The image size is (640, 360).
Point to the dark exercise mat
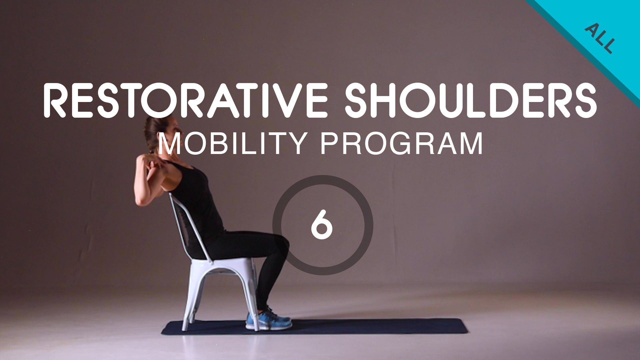click(x=367, y=327)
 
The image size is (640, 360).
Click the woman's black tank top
click(x=197, y=197)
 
